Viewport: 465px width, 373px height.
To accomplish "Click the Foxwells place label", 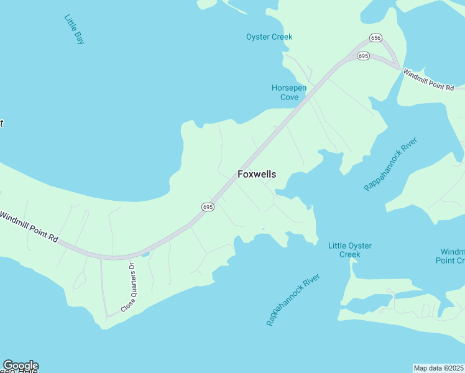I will [257, 175].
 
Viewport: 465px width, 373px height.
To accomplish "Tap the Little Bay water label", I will [74, 29].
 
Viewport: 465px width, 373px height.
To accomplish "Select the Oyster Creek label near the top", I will [269, 37].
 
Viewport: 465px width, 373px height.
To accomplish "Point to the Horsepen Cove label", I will [289, 92].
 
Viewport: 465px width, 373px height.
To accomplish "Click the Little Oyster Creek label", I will [350, 250].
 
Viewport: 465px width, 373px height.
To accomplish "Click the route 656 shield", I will [375, 38].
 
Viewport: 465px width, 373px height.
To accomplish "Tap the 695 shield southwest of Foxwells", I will [208, 206].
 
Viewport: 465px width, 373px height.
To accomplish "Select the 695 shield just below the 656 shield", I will [364, 57].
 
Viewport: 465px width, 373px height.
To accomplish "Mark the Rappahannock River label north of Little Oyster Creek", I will [390, 165].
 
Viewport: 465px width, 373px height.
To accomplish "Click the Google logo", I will [21, 366].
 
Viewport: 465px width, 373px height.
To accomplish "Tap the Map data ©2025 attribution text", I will [438, 367].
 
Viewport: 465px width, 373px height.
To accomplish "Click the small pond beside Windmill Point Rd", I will [145, 254].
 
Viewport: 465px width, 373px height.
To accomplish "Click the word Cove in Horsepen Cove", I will [289, 97].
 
